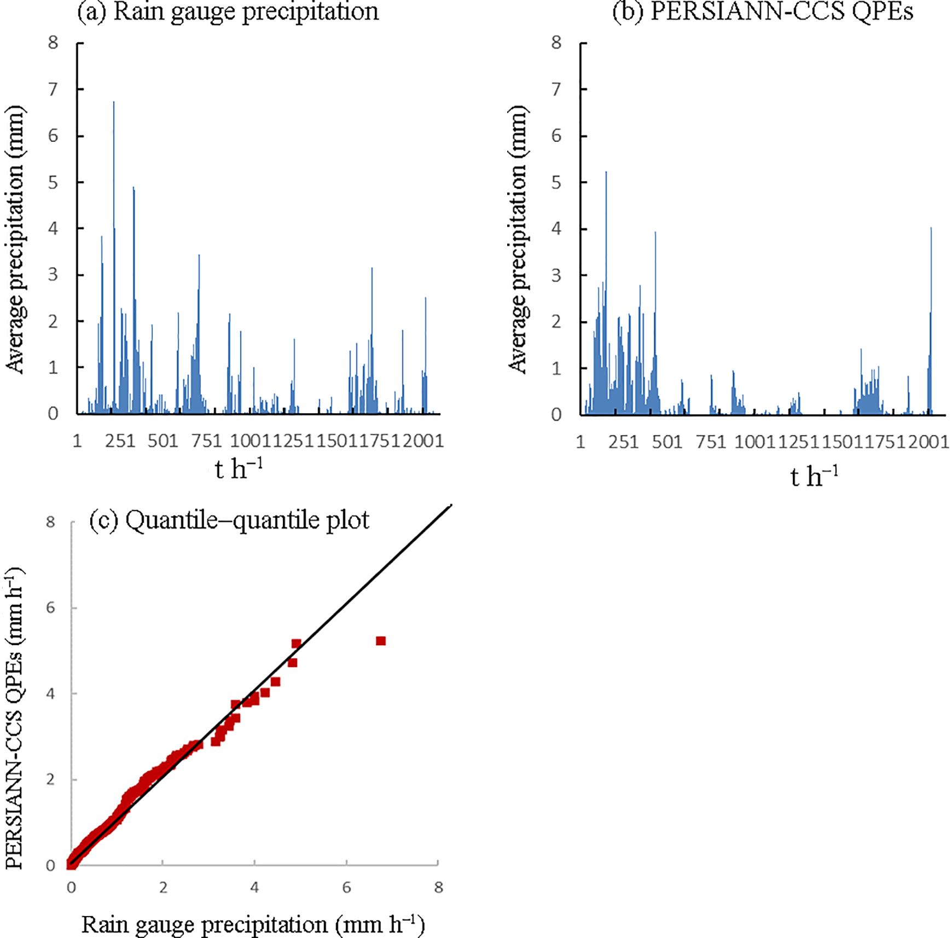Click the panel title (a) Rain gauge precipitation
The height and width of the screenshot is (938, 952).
point(228,12)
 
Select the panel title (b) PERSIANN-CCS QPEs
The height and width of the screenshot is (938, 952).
point(763,12)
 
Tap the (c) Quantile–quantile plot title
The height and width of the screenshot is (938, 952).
point(229,520)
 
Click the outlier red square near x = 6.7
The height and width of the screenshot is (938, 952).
point(381,641)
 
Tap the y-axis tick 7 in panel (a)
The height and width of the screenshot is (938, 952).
point(53,89)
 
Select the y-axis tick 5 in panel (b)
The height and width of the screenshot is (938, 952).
point(556,182)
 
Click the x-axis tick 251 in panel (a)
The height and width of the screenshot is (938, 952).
point(120,441)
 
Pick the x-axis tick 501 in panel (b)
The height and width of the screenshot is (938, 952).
point(667,442)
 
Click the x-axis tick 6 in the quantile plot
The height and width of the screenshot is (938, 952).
point(346,888)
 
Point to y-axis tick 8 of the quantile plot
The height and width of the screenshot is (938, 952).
point(51,522)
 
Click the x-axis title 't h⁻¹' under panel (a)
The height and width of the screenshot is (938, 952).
point(239,468)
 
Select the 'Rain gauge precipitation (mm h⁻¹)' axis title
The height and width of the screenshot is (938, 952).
point(253,924)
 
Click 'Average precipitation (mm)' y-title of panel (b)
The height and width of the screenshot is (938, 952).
point(518,239)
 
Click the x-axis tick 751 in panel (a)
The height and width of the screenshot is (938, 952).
point(206,441)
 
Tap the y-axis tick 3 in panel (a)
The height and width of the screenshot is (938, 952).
point(53,275)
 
